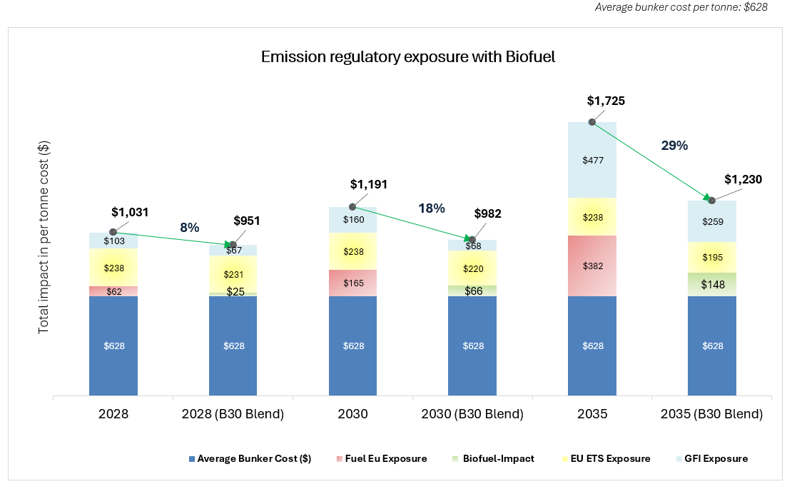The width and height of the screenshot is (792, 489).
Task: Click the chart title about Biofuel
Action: coord(407,57)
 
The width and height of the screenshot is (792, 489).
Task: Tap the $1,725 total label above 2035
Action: coord(606,101)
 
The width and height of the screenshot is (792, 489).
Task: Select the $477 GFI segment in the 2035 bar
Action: coord(592,161)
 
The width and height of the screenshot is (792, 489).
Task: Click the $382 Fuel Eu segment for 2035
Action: coord(592,266)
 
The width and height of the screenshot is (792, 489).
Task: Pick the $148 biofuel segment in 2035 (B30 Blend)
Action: coord(712,285)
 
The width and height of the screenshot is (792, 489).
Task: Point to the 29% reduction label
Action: coord(674,146)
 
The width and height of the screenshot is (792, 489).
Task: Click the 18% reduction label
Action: coord(431,208)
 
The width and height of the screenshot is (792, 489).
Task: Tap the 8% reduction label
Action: coord(189,228)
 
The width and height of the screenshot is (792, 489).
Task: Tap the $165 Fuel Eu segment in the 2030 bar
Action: coord(353,283)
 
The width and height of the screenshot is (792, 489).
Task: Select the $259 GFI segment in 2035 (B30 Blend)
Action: coord(712,222)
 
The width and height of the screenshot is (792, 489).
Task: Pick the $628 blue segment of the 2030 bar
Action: coord(353,346)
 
